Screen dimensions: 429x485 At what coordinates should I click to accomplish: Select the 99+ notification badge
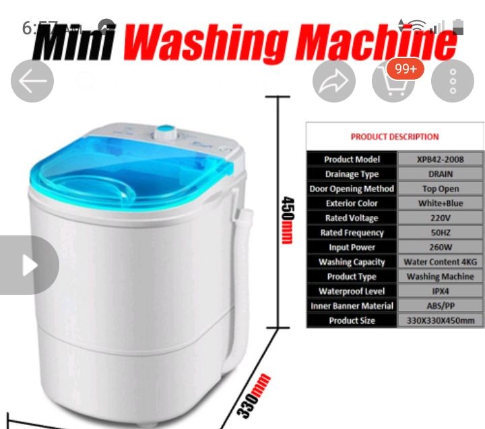[406, 69]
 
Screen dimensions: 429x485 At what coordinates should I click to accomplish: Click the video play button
[30, 265]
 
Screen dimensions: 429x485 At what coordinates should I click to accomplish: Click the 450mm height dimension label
[288, 220]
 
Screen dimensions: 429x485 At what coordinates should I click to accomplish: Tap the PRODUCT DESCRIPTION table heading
[394, 137]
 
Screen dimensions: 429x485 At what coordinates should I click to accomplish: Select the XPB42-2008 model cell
[441, 159]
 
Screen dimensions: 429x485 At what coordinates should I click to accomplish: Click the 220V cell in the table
[441, 218]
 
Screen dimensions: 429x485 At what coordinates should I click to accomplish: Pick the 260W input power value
[441, 247]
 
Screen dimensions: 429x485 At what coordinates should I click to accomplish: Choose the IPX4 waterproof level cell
[441, 291]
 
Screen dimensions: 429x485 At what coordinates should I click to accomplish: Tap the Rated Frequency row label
[352, 233]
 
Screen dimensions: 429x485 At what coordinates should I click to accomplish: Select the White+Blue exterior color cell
[441, 203]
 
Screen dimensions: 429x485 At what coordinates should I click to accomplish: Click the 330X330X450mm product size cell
[441, 320]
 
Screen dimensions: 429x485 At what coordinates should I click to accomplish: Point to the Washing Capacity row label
[352, 262]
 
